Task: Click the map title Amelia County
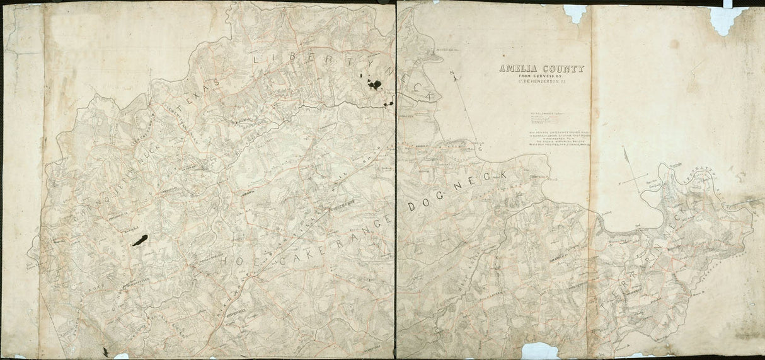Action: [x=541, y=69]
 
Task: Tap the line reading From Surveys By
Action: [x=541, y=76]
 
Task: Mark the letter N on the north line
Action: [x=452, y=75]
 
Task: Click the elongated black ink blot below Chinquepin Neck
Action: [x=139, y=240]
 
